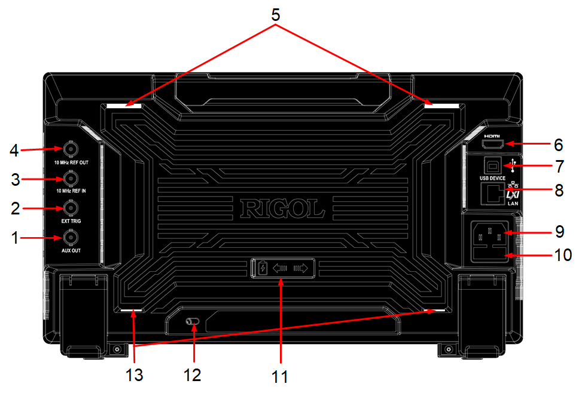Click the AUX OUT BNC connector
(x=71, y=237)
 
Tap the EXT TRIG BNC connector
(x=71, y=208)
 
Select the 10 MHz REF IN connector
(x=71, y=179)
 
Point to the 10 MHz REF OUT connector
(x=71, y=149)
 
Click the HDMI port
(x=493, y=143)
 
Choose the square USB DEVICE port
(x=492, y=165)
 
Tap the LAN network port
(x=493, y=194)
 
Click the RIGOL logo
(x=282, y=208)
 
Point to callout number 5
(x=275, y=15)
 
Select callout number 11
(x=280, y=377)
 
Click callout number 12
(x=192, y=375)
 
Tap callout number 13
(x=134, y=375)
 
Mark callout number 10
(x=563, y=255)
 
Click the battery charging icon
(x=263, y=268)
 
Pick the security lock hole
(x=192, y=321)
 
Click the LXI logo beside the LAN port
(x=513, y=194)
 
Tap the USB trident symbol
(x=513, y=165)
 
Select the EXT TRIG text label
(x=71, y=221)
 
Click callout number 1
(x=15, y=238)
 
